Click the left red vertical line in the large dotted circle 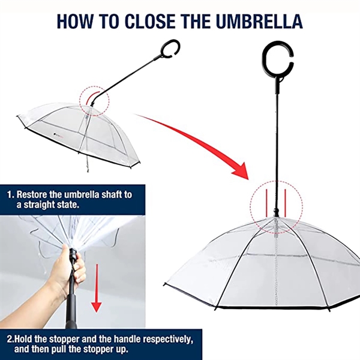click(x=267, y=203)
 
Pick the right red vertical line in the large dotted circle click(x=285, y=203)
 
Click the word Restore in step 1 click(x=32, y=194)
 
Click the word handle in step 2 click(x=128, y=338)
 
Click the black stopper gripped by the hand click(x=74, y=254)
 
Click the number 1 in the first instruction click(x=10, y=194)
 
